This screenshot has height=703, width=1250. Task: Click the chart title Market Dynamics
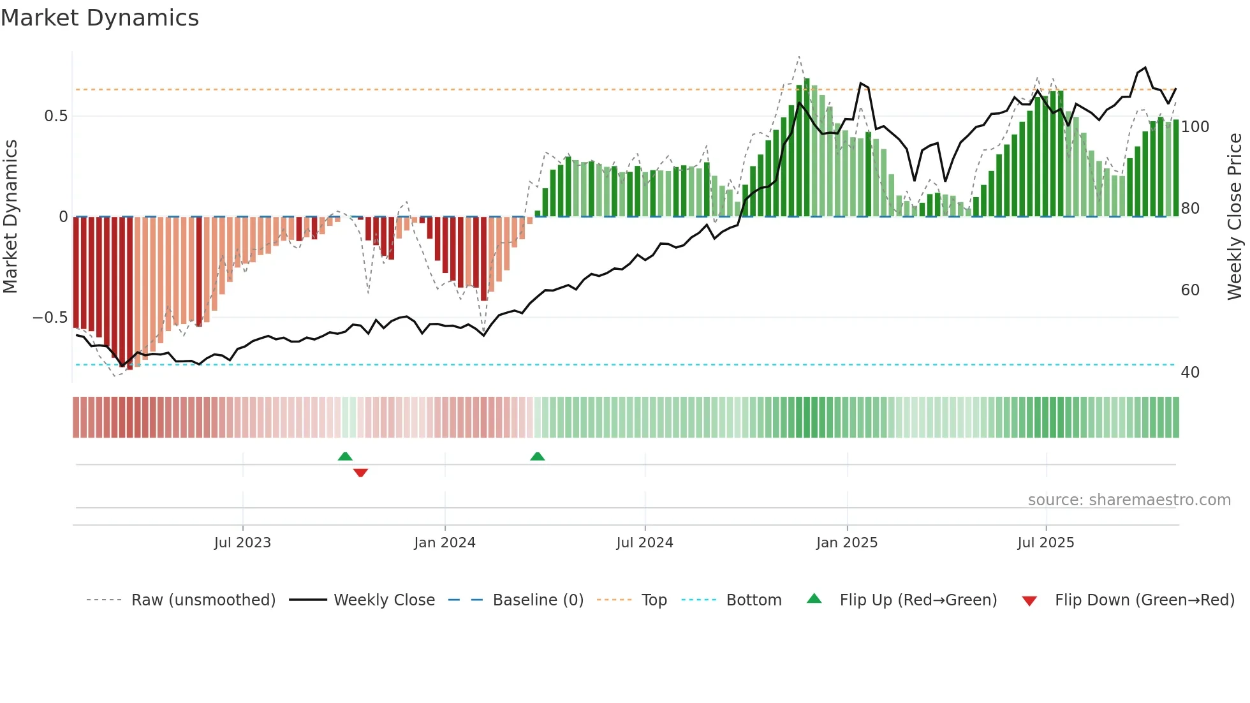coord(100,18)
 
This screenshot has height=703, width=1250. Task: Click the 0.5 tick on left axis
coord(55,116)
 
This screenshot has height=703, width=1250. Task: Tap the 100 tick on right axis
coord(1195,127)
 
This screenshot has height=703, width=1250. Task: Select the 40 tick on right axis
coord(1190,373)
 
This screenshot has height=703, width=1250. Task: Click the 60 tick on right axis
coord(1190,290)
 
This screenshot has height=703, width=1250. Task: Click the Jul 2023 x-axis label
coord(242,543)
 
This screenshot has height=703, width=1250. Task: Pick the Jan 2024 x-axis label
coord(445,543)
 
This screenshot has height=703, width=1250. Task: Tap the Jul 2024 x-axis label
coord(644,543)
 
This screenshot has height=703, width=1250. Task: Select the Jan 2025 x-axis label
coord(847,543)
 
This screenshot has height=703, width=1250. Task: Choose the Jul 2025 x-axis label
coord(1046,543)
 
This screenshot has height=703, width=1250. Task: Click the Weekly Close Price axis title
coord(1235,217)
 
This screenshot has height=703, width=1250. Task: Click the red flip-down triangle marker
coord(360,473)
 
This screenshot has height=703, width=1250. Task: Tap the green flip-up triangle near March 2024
coord(538,456)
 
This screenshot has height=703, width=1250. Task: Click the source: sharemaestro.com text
coord(1129,500)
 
